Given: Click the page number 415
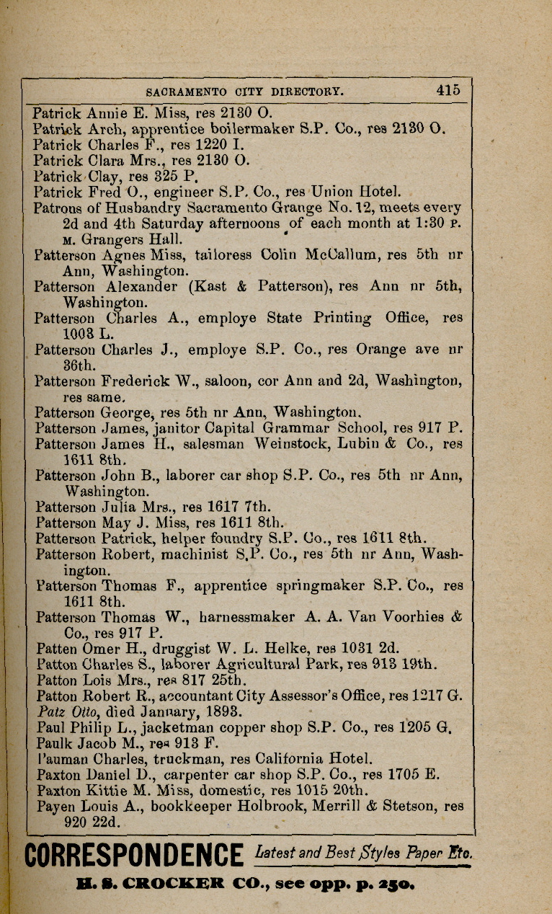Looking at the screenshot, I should (447, 91).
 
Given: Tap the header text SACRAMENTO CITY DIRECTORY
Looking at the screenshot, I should (245, 92).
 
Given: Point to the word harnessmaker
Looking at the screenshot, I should (246, 617).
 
